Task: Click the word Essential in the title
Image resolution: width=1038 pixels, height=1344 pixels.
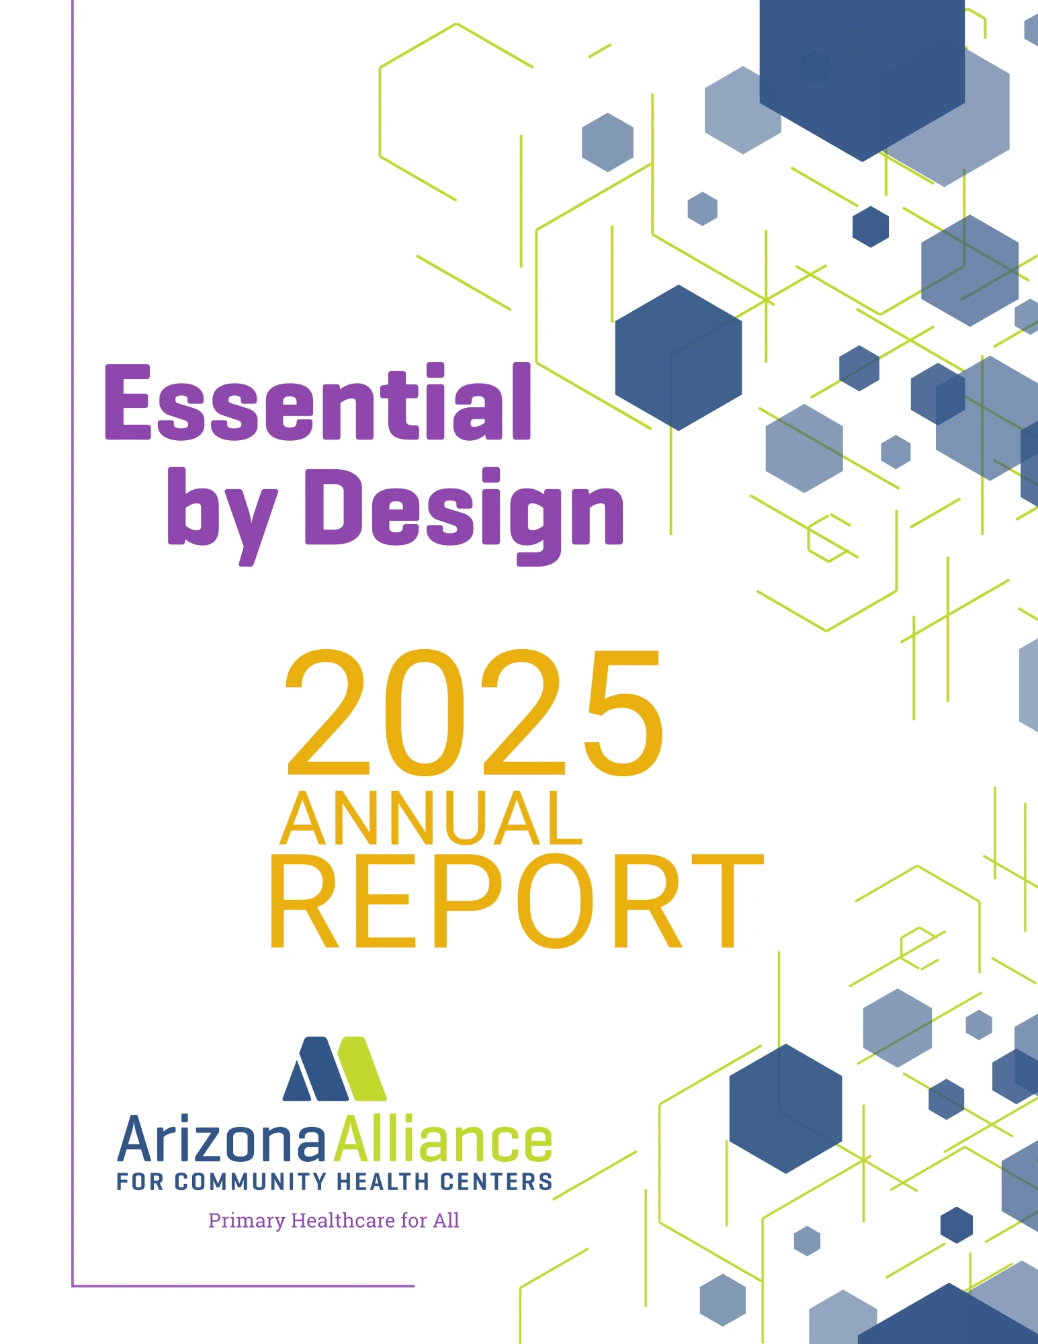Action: [318, 402]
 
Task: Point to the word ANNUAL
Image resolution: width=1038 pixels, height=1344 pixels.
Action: [431, 818]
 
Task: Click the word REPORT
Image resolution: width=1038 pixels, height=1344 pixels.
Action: [517, 901]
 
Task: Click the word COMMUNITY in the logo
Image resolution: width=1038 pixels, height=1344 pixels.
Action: [251, 1181]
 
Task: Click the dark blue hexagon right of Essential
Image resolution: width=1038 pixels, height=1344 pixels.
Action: [679, 358]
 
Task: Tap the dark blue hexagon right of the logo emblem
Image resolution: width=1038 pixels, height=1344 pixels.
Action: [785, 1108]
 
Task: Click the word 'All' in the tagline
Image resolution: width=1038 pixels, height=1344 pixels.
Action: [446, 1220]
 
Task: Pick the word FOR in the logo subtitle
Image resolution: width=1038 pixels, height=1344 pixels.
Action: [140, 1181]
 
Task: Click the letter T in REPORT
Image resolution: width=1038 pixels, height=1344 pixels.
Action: [728, 901]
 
